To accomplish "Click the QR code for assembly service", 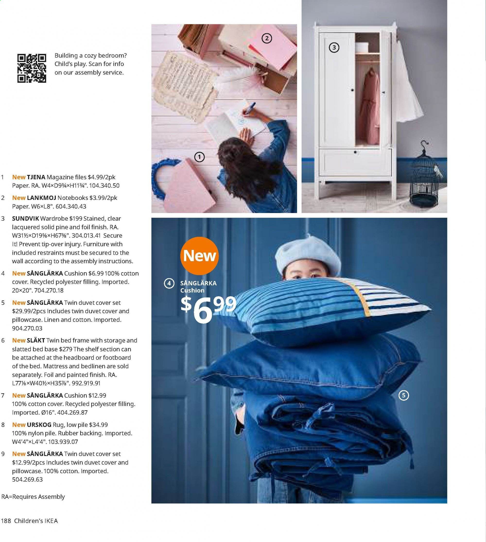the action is (32, 68).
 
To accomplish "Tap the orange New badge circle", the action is (200, 256).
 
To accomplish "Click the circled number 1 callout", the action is (199, 157).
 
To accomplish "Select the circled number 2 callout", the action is (267, 39).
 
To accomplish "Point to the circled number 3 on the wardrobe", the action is (334, 48).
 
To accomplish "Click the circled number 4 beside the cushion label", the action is (169, 283).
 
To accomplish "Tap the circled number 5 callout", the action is (403, 395).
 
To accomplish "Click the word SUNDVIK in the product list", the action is (25, 219).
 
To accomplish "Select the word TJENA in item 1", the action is (36, 177).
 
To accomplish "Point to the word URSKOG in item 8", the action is (39, 425).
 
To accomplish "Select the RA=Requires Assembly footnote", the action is (33, 497).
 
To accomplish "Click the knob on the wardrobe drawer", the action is (355, 152).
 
